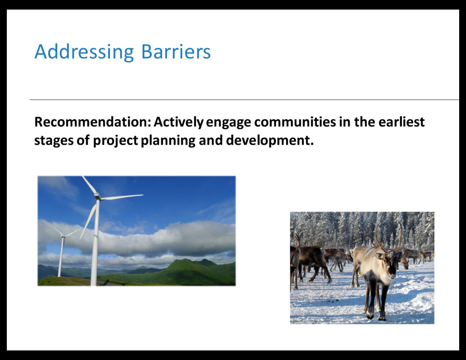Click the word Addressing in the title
click(84, 52)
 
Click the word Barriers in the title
click(176, 52)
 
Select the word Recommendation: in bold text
click(93, 122)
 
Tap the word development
click(270, 141)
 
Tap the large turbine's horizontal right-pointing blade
click(122, 197)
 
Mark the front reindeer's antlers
click(388, 238)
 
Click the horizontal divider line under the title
click(244, 100)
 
